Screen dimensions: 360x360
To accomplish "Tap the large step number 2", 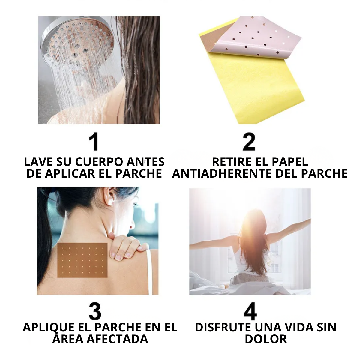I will point(249,142).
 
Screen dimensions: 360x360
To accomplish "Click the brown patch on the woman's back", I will point(82,260).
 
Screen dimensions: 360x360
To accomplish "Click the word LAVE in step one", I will point(38,162).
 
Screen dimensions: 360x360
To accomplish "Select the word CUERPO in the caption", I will point(100,162).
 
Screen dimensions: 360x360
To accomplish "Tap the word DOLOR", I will point(265,339).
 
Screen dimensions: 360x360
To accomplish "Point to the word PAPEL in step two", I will point(289,162).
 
